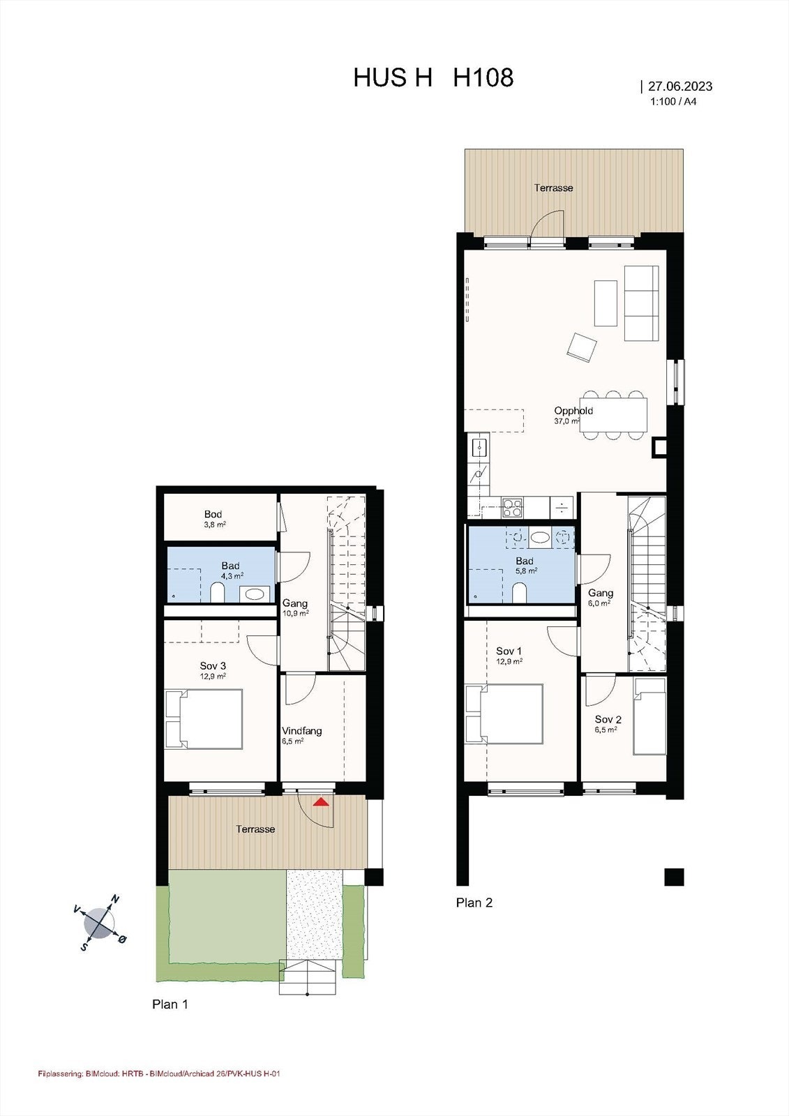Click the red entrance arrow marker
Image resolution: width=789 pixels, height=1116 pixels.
[321, 802]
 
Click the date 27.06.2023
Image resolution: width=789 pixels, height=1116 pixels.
[679, 86]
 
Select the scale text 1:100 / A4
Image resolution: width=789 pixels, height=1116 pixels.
[673, 101]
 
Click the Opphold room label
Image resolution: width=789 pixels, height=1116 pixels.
[573, 411]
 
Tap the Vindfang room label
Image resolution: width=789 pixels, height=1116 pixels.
[302, 731]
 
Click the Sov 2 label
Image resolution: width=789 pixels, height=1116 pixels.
[608, 719]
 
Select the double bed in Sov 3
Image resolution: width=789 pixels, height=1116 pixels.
[204, 719]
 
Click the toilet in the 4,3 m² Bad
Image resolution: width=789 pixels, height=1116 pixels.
[217, 594]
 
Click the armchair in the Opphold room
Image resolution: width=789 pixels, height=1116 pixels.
[582, 347]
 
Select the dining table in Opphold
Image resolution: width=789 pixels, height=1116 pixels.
[615, 414]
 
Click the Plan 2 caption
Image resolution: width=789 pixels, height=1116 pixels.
[474, 903]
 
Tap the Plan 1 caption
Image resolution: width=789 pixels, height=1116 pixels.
[170, 1004]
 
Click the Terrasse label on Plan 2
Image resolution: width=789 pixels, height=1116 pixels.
[553, 188]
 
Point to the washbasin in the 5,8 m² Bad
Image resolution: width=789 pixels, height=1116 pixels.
[540, 537]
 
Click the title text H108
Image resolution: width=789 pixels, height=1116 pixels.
[483, 77]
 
